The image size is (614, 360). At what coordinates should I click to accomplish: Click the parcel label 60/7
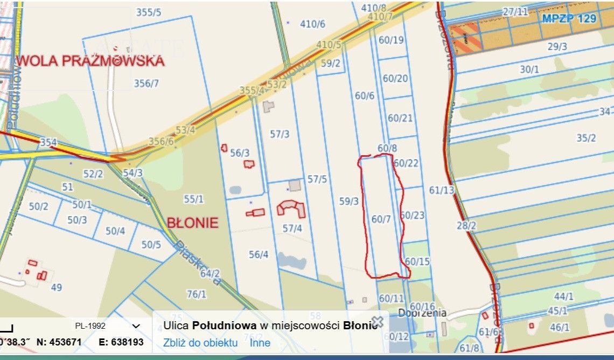[381, 219]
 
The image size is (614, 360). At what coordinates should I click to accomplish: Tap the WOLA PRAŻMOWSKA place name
[90, 60]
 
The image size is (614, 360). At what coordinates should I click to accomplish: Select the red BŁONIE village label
[192, 223]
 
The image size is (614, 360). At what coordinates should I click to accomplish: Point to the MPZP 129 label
[569, 18]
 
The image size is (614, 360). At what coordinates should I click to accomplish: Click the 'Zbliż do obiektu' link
[200, 343]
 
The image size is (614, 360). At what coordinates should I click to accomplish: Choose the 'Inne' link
[260, 343]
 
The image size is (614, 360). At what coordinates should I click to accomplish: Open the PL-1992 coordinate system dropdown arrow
[136, 326]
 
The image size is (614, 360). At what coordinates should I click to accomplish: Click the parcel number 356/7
[146, 83]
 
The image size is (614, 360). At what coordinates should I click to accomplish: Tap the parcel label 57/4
[292, 229]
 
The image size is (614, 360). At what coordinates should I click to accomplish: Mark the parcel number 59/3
[349, 201]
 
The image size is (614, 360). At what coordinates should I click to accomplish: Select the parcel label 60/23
[413, 216]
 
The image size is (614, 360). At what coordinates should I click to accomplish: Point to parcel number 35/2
[586, 138]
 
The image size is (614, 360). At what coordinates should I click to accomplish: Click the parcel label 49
[56, 287]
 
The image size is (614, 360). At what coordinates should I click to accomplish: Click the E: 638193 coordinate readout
[121, 342]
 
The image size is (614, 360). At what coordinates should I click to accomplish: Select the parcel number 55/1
[194, 199]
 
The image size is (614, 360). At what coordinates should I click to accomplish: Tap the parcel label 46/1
[560, 327]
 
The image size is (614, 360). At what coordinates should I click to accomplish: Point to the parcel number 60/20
[395, 79]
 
